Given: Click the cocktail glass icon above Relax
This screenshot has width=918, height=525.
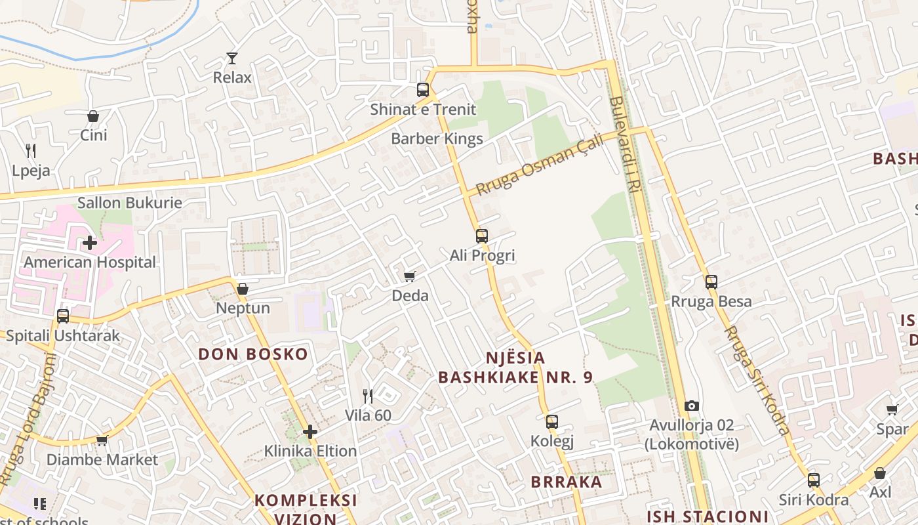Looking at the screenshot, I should (x=231, y=58).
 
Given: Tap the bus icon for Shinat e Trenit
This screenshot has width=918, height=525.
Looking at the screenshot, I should (x=423, y=90).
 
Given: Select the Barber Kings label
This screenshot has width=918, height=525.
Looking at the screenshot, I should (x=437, y=138).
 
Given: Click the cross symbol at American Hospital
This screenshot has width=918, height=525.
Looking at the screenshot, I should (x=90, y=243).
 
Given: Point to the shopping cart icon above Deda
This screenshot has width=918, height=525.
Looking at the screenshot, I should (x=410, y=276).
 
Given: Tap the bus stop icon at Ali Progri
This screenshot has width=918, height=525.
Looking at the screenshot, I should (x=482, y=236).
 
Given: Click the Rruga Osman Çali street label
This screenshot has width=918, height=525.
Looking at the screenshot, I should (x=539, y=165).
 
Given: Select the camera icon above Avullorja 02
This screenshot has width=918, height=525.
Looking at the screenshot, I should (x=692, y=406).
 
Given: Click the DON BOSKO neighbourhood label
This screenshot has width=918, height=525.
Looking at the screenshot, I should (x=253, y=354).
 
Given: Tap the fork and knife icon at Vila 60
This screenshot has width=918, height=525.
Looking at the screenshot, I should (x=368, y=396).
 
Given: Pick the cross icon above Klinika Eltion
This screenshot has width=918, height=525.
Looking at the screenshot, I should (x=310, y=432).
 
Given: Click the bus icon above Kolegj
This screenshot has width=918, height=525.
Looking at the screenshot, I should (x=552, y=422).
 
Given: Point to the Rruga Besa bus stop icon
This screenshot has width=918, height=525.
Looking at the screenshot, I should (x=711, y=282).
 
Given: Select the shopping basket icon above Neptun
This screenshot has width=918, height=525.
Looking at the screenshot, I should (x=243, y=289).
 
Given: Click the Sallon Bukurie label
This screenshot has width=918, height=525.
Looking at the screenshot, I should (x=130, y=202).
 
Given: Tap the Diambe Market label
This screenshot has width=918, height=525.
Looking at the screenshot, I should (x=102, y=459).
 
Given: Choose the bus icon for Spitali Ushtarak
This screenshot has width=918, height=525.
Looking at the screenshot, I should (x=63, y=316).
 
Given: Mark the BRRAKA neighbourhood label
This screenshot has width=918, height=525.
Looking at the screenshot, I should (x=567, y=482).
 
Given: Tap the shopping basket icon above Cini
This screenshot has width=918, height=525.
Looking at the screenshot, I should (x=93, y=116).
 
